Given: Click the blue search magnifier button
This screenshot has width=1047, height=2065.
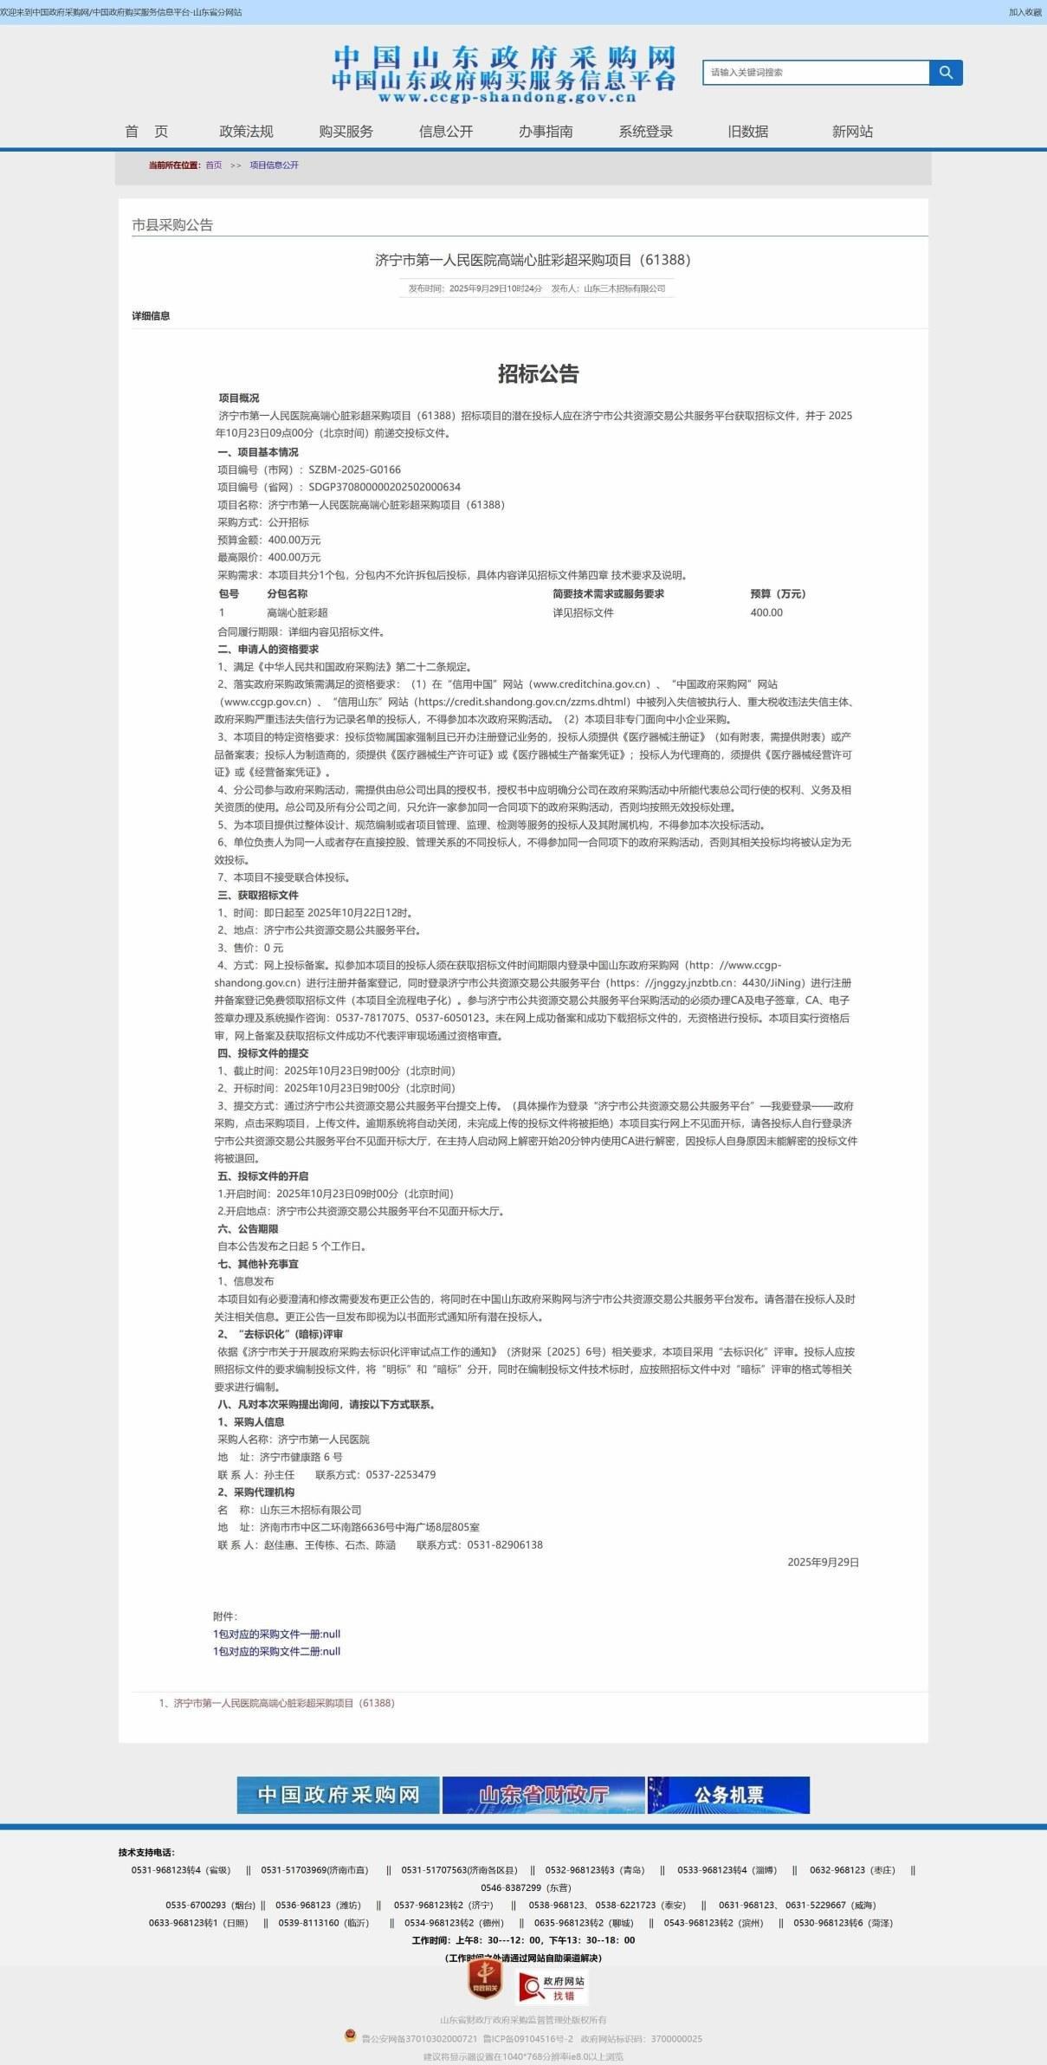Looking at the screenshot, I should (x=946, y=73).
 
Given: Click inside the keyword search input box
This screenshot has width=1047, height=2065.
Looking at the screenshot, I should (x=814, y=73).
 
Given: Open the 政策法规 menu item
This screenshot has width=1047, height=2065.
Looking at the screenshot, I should (x=246, y=132).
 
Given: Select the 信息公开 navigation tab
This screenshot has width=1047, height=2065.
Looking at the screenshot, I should (x=445, y=132).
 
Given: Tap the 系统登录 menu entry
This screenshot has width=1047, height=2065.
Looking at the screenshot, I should (x=645, y=132).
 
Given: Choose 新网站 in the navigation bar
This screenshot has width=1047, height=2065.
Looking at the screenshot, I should (x=852, y=132).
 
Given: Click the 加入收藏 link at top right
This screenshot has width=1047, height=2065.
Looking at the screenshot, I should (x=1024, y=12).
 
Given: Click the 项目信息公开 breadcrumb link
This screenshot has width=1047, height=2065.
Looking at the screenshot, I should (x=274, y=165).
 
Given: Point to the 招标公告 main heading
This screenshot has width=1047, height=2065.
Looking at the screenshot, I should (x=538, y=374).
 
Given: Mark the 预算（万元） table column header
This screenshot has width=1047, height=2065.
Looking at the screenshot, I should (x=778, y=594).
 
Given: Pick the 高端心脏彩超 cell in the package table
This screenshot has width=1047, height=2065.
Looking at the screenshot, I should (x=297, y=613).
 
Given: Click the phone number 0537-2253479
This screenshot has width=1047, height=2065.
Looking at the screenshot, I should (x=400, y=1474).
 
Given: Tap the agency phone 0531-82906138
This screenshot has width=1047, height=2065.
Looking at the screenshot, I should (x=505, y=1544).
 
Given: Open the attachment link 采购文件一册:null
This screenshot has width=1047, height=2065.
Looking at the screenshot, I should (x=276, y=1634).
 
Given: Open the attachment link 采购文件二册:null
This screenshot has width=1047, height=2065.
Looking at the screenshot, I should (x=276, y=1651).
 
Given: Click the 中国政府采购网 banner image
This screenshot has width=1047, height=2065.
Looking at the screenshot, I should (x=338, y=1795).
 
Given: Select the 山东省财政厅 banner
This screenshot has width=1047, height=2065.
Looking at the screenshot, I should (x=543, y=1795).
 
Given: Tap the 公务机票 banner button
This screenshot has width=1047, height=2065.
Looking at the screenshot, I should (x=728, y=1795).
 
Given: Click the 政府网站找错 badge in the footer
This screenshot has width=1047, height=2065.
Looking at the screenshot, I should (x=553, y=1987).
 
